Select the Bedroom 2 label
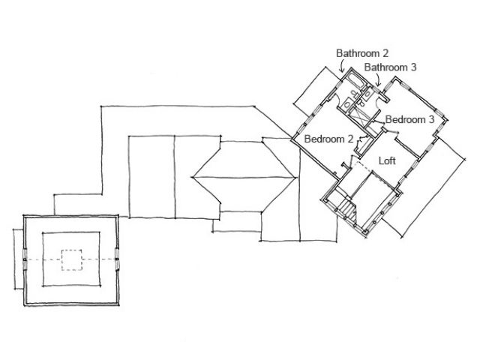(328, 139)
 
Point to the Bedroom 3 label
(409, 119)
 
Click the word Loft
(387, 160)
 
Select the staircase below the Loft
(346, 205)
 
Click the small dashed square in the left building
(70, 259)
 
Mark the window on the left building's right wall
(117, 259)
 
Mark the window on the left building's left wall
(25, 259)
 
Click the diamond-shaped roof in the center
(243, 177)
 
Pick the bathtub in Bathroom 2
(350, 82)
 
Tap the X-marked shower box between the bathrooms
(360, 112)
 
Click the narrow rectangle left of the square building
(18, 258)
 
